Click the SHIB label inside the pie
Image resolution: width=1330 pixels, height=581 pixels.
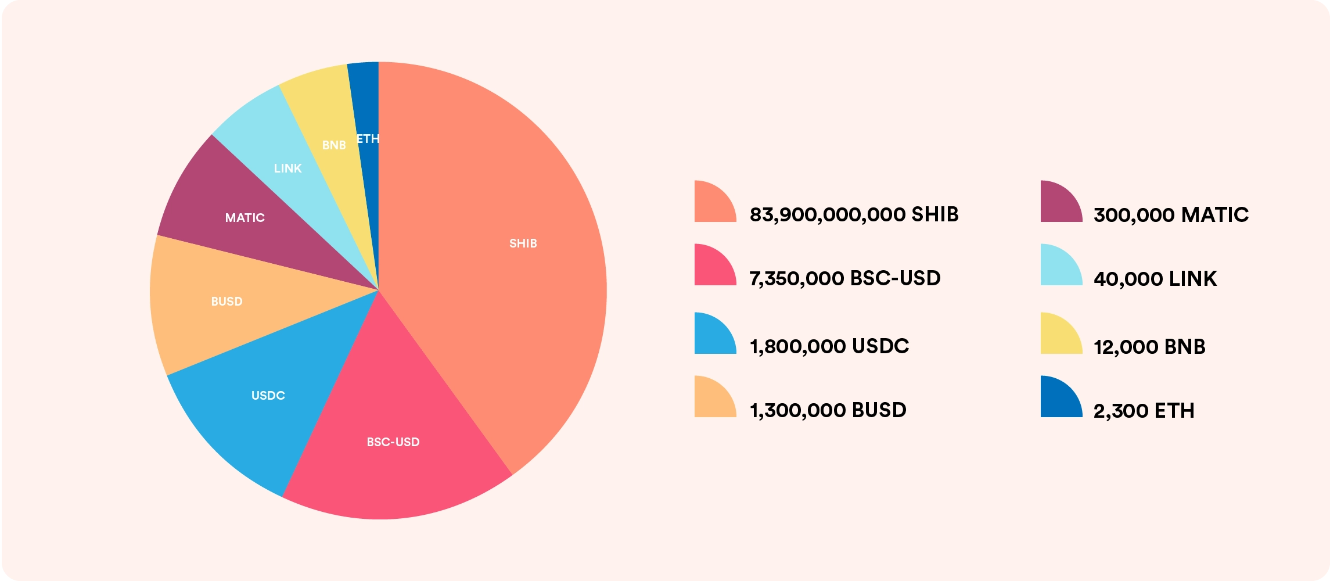[x=523, y=243]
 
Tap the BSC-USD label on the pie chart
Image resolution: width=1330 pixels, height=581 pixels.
[x=393, y=442]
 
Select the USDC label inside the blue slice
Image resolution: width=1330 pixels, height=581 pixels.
[x=268, y=396]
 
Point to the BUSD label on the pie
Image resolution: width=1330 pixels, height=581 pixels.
[x=227, y=302]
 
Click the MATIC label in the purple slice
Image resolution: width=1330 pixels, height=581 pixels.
[x=245, y=218]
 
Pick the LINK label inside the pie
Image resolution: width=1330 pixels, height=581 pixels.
[x=287, y=168]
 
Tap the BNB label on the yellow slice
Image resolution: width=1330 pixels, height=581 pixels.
[x=334, y=145]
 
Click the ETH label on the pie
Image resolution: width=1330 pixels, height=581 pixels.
[x=368, y=139]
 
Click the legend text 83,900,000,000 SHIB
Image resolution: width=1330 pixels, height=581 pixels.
[x=854, y=214]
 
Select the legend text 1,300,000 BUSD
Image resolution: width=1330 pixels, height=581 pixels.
[x=828, y=410]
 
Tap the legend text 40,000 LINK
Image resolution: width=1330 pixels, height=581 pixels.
[x=1155, y=279]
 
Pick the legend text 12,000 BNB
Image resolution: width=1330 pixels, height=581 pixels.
[x=1149, y=347]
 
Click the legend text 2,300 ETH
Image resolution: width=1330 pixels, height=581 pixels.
[x=1144, y=411]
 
